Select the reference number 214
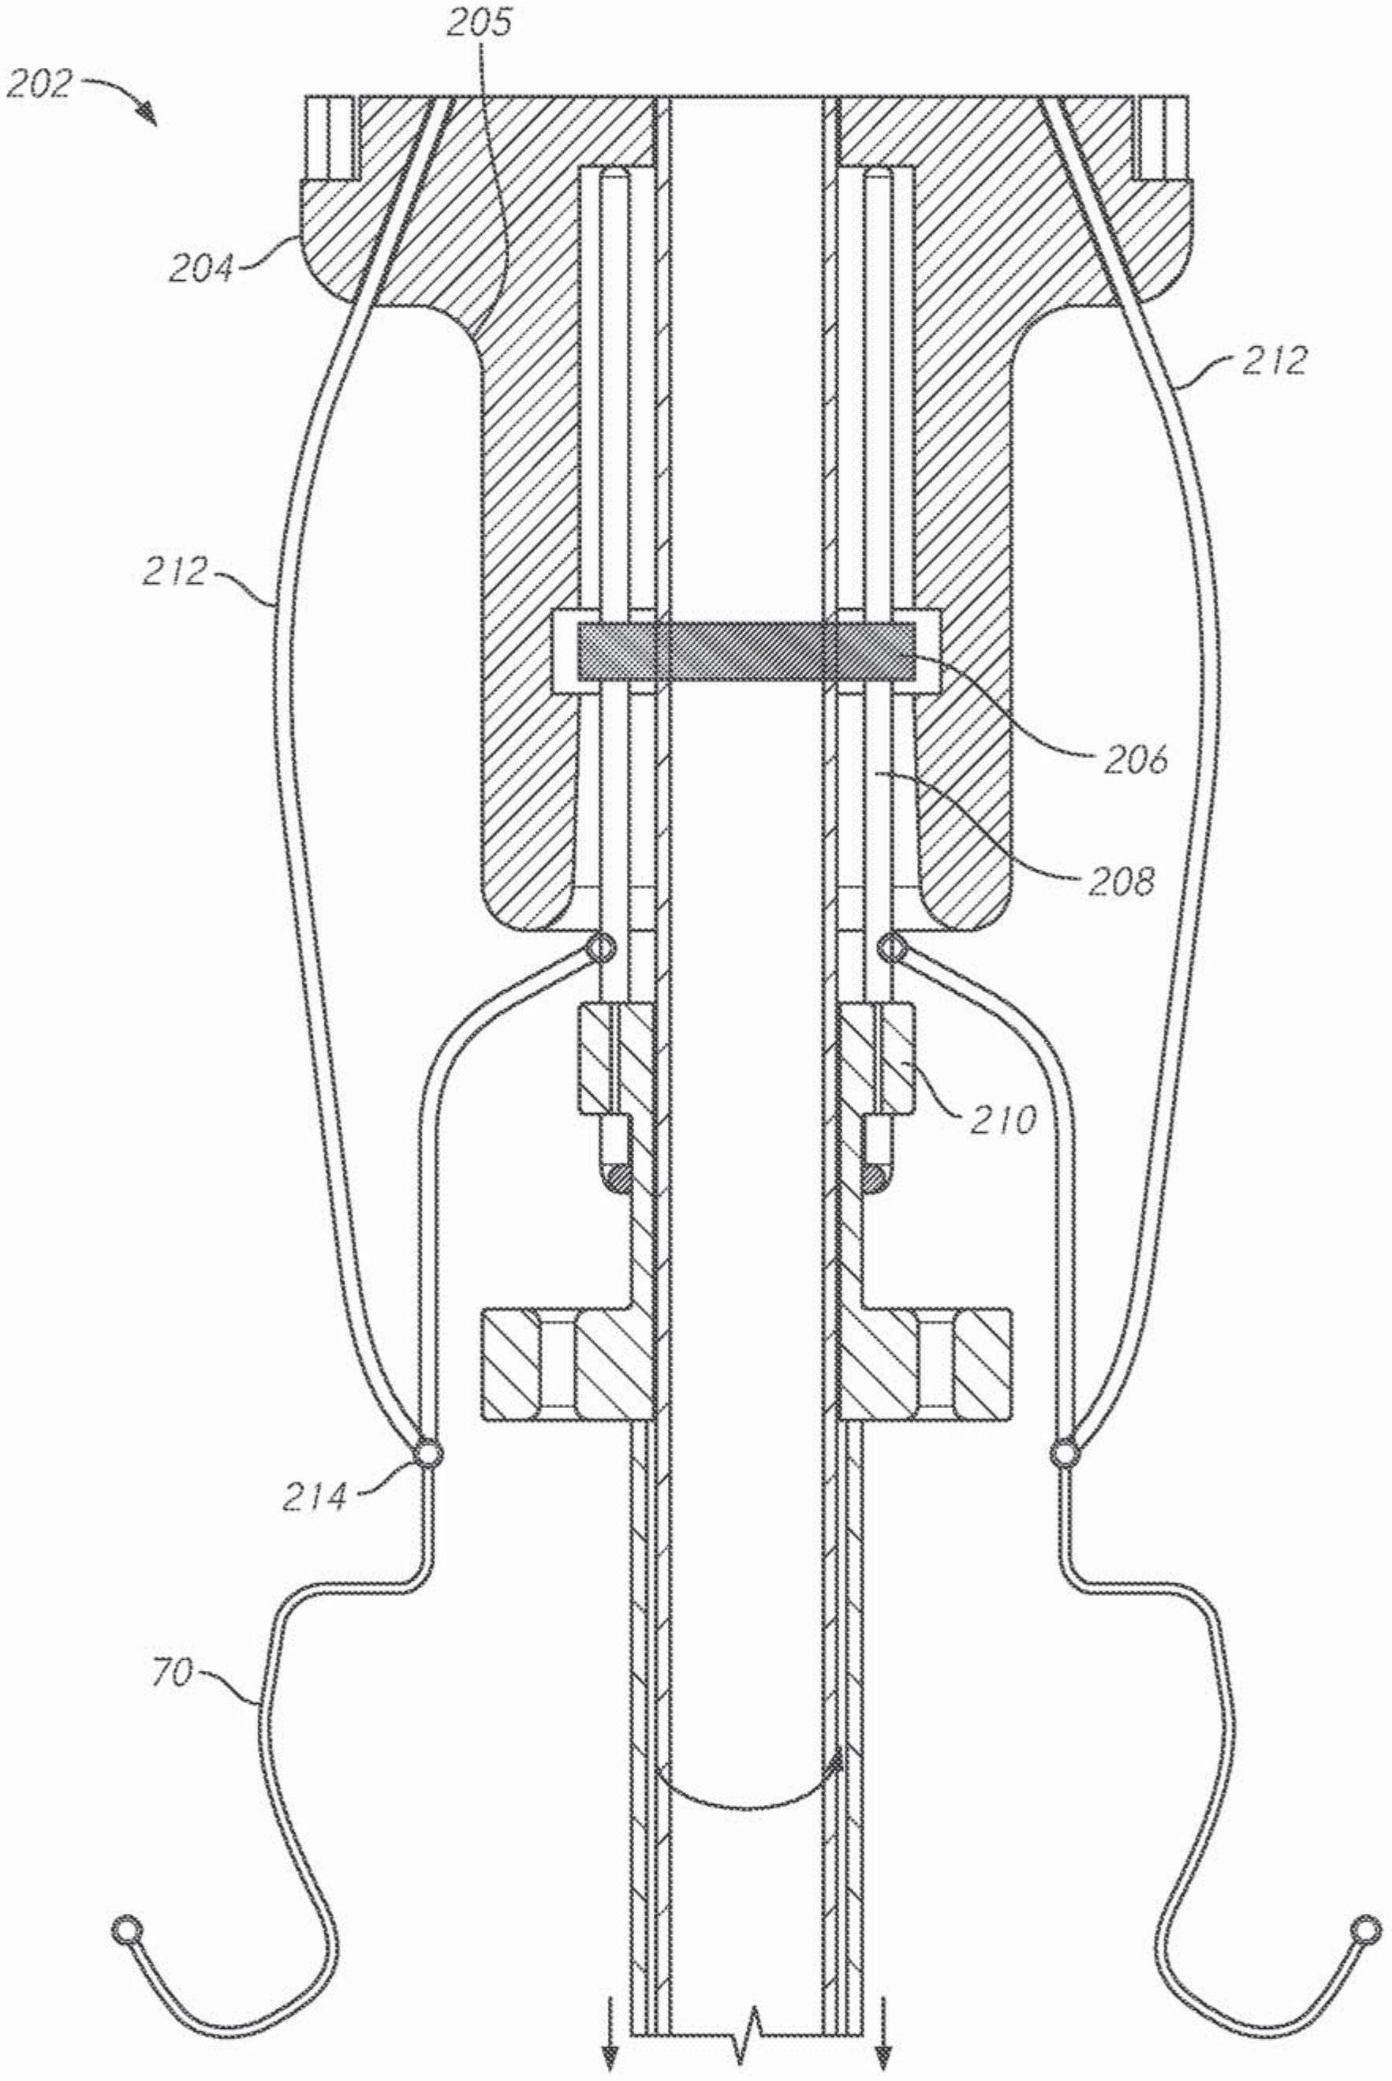point(316,1498)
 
